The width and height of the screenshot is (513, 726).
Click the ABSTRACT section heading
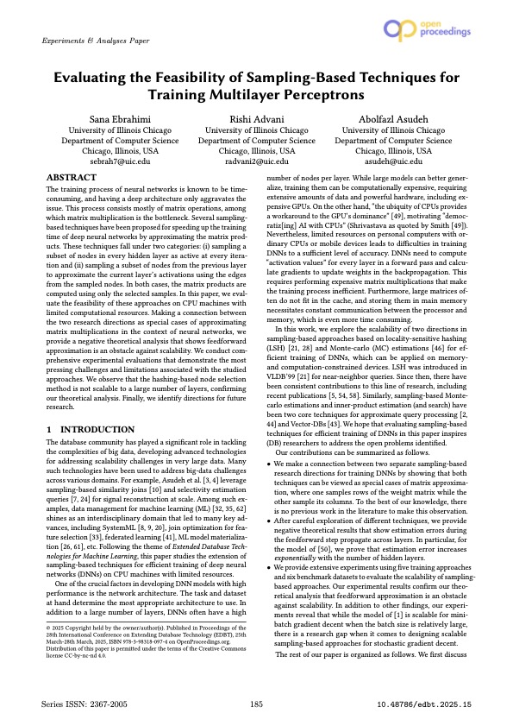(x=72, y=176)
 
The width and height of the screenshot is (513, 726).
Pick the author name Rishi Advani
(x=256, y=117)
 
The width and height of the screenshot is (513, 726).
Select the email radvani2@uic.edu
(x=256, y=161)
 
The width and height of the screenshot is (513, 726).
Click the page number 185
(x=256, y=705)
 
